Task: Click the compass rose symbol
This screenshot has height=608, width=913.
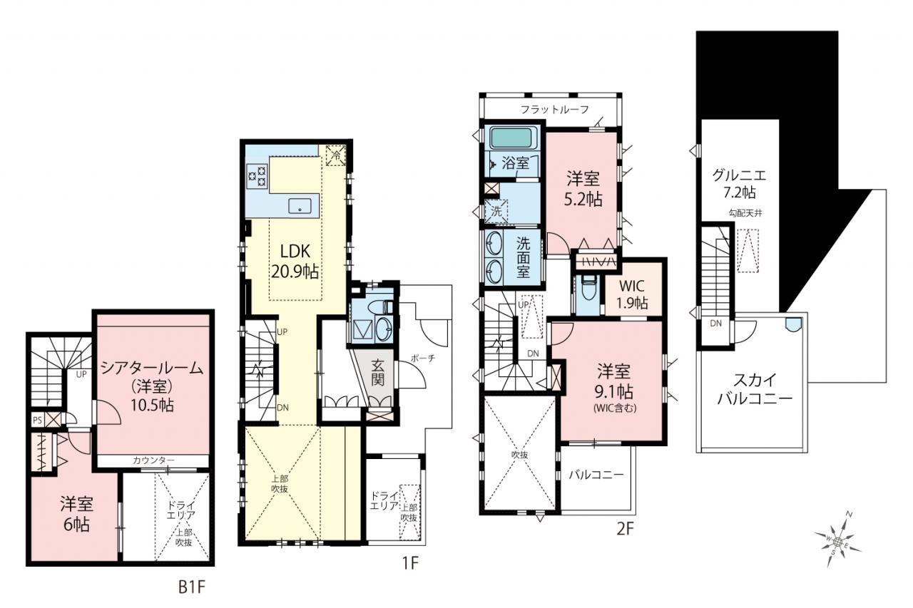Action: coord(837,541)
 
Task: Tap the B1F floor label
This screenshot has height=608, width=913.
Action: coord(192,587)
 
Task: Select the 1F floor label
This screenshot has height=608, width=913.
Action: coord(410,563)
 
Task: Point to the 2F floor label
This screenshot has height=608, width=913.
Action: coord(625,529)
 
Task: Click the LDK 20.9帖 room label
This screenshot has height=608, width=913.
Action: coord(295,261)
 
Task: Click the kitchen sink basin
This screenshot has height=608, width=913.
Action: coord(300,206)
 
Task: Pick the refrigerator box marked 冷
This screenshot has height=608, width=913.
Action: coord(336,155)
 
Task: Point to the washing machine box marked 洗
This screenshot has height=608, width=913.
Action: coord(496,211)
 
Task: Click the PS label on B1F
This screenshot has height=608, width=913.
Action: coord(38,421)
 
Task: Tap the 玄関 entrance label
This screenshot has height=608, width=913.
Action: coord(377,373)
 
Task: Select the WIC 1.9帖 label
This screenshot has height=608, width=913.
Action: coord(632,294)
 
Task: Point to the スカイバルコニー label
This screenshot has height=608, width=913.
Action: coord(755,389)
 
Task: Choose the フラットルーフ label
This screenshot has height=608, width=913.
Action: coord(555,109)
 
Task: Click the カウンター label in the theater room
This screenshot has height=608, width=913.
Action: coord(153,460)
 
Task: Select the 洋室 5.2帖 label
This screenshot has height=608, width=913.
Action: coord(583,189)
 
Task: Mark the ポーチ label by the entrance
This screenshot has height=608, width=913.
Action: coord(423,358)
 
